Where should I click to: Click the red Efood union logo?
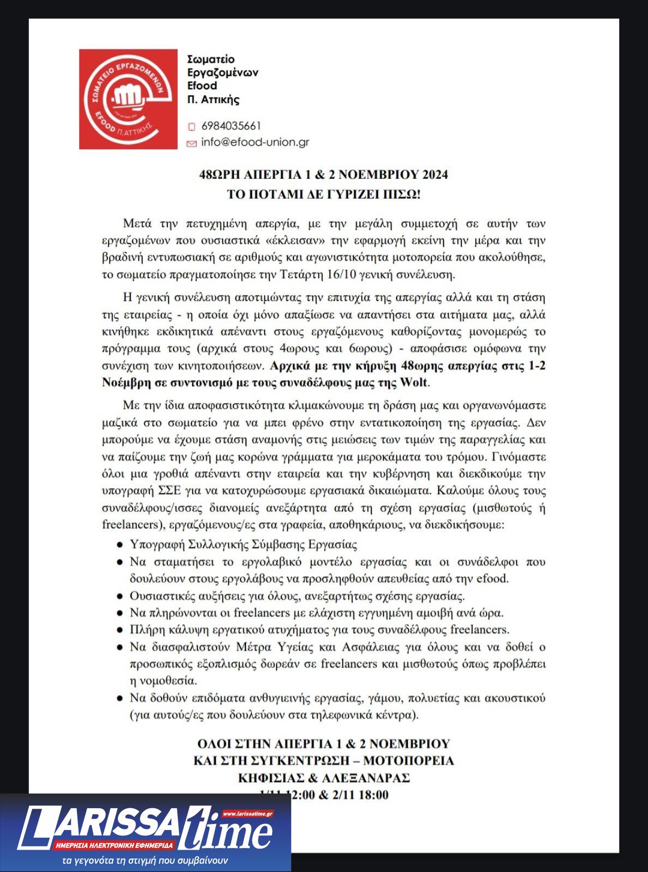(129, 99)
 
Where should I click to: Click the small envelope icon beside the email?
(191, 143)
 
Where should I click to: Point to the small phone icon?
(191, 127)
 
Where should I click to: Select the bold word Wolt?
(414, 382)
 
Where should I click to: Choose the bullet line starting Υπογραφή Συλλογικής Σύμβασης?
(243, 544)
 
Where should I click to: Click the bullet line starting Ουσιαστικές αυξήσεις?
(297, 596)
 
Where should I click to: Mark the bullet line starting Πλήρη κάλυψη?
(320, 629)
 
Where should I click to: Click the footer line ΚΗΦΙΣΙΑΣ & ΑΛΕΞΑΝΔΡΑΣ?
(323, 778)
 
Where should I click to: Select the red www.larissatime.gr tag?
(248, 814)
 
